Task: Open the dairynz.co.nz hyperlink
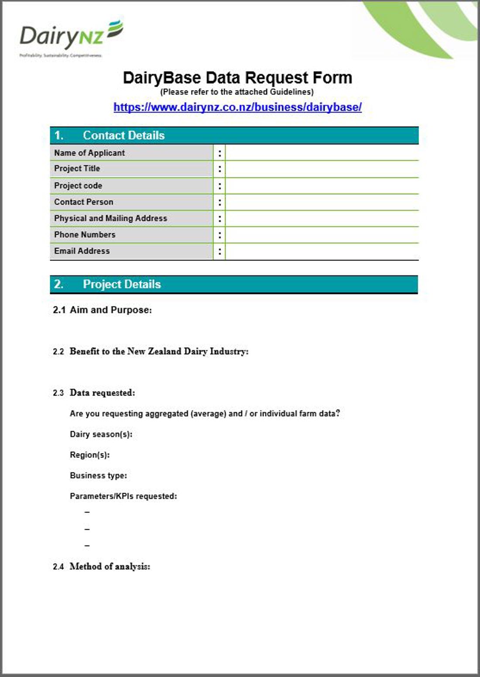[x=237, y=107]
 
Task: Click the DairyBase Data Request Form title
[x=237, y=78]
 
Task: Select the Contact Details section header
[x=123, y=135]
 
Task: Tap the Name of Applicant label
[x=89, y=153]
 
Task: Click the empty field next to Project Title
[x=322, y=169]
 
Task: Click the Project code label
[x=78, y=186]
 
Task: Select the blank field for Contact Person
[x=322, y=202]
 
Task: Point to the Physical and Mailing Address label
[x=110, y=218]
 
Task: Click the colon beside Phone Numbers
[x=219, y=235]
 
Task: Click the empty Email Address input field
[x=322, y=251]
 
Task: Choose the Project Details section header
[x=122, y=284]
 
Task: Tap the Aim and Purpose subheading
[x=110, y=310]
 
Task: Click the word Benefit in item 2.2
[x=84, y=352]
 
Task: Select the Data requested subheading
[x=102, y=393]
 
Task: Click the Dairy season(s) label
[x=101, y=434]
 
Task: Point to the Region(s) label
[x=89, y=455]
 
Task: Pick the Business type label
[x=98, y=476]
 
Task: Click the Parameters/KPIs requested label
[x=123, y=496]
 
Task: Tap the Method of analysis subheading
[x=110, y=567]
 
